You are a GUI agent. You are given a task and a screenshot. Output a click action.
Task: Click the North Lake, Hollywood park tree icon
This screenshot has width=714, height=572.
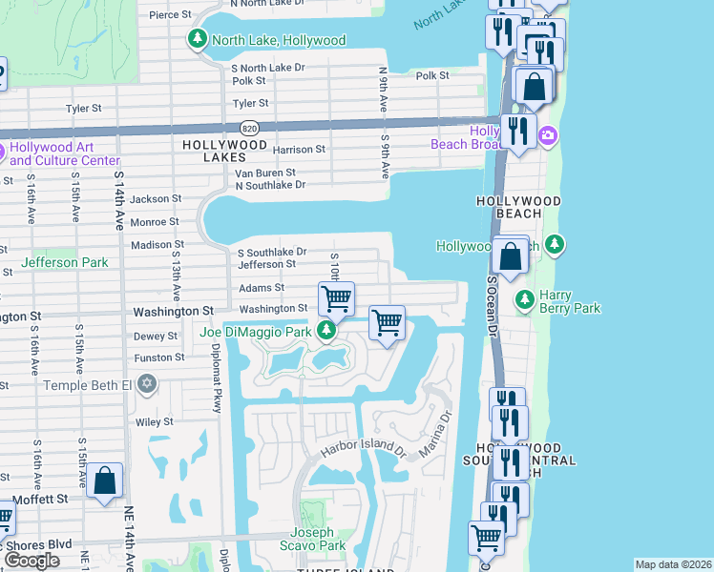(x=198, y=39)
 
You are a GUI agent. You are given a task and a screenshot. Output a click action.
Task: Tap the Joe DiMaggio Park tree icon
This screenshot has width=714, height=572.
(x=327, y=331)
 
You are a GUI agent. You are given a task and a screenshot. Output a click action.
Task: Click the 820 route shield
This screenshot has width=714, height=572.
(x=249, y=128)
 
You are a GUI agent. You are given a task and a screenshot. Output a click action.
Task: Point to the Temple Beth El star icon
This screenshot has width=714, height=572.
(x=145, y=384)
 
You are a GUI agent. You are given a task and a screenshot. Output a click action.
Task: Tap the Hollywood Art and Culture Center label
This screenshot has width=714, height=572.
(x=65, y=154)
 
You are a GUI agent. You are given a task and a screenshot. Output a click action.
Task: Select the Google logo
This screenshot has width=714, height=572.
(x=31, y=561)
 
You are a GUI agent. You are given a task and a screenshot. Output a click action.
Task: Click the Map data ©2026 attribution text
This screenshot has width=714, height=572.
(x=673, y=564)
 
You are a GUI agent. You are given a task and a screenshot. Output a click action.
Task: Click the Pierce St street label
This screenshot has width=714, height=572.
(x=170, y=15)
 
